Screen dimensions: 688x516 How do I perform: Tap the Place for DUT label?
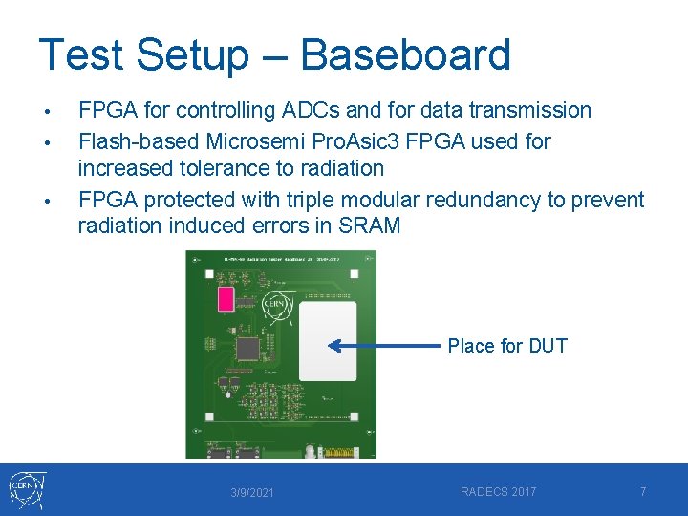click(x=507, y=346)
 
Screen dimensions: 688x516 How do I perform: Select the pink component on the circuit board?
click(x=226, y=299)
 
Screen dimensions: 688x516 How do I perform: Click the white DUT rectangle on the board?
click(x=327, y=342)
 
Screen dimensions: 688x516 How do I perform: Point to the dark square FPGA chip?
click(x=247, y=348)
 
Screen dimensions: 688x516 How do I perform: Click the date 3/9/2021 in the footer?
click(x=252, y=493)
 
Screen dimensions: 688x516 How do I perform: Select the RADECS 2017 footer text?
click(x=498, y=492)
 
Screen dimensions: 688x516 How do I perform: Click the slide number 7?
click(x=643, y=492)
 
